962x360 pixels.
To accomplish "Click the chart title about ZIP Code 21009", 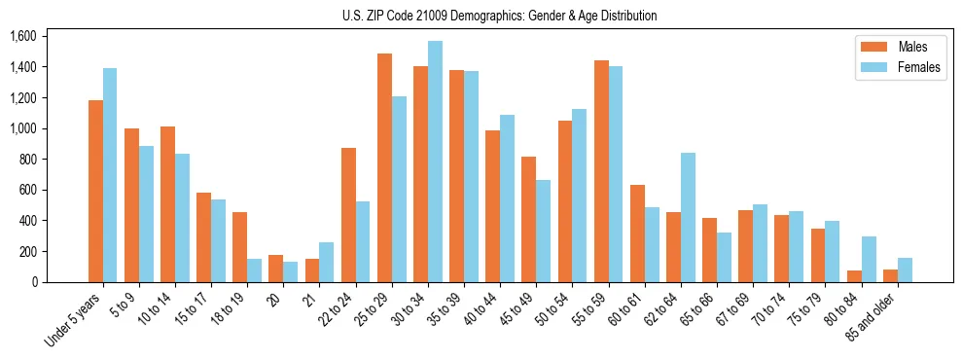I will [x=499, y=16].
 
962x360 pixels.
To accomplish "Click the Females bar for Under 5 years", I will [x=110, y=175].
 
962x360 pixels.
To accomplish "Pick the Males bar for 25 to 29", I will [x=384, y=167].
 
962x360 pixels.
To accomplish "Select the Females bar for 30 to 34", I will [x=435, y=162].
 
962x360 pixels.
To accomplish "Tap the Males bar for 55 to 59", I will [x=601, y=171].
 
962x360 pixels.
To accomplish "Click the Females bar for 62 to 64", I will [x=688, y=217].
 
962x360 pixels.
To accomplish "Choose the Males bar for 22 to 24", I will [x=348, y=215].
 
